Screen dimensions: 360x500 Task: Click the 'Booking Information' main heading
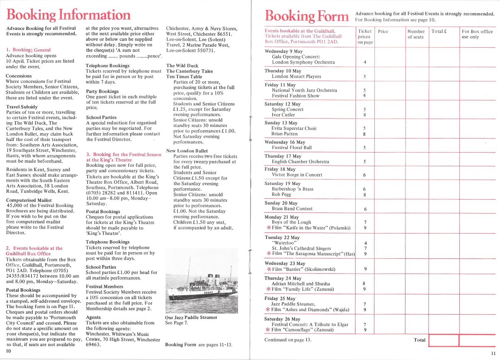click(69, 15)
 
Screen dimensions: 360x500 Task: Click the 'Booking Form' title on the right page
click(307, 17)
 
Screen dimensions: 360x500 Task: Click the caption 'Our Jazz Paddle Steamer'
click(191, 317)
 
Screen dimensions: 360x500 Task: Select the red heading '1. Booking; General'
click(28, 50)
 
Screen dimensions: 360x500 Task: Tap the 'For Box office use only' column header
click(477, 34)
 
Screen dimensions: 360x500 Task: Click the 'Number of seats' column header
click(416, 34)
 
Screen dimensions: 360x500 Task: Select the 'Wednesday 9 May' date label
click(284, 51)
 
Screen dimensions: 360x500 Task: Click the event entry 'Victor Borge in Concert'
click(297, 175)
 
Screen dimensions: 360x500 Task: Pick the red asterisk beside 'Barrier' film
click(269, 269)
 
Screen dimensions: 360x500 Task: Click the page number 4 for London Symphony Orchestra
click(364, 62)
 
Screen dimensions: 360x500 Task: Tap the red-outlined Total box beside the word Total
click(443, 340)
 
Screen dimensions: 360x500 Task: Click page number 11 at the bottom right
click(493, 353)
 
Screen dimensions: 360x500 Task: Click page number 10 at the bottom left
click(8, 351)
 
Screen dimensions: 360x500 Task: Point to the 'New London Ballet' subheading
click(187, 151)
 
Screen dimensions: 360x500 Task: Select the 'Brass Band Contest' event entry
click(292, 209)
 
